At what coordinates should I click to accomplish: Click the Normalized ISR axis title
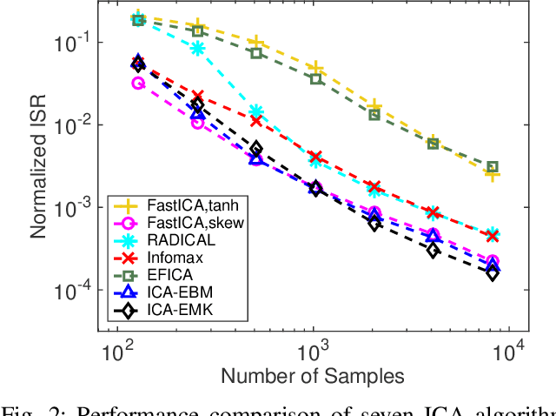click(x=39, y=166)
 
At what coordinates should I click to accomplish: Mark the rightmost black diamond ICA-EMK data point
click(x=492, y=273)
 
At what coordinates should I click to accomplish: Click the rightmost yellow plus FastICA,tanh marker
click(x=492, y=174)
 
